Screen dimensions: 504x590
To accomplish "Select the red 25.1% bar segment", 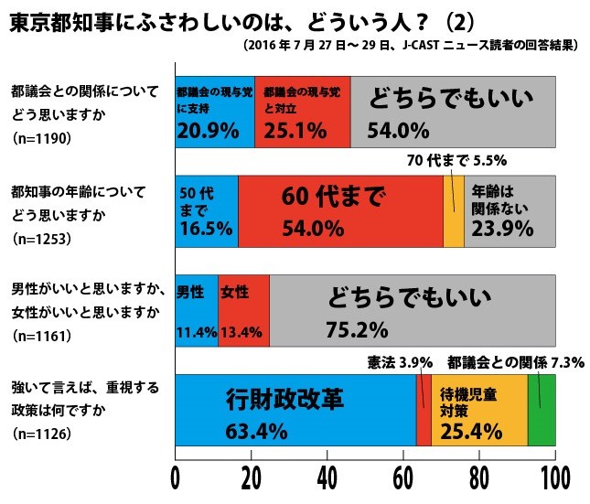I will click(x=302, y=112).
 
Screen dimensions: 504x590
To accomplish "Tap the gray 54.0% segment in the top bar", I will click(x=453, y=112).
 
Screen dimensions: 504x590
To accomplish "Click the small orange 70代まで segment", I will click(x=454, y=211).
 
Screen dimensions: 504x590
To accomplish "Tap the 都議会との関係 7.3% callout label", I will click(x=502, y=363).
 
